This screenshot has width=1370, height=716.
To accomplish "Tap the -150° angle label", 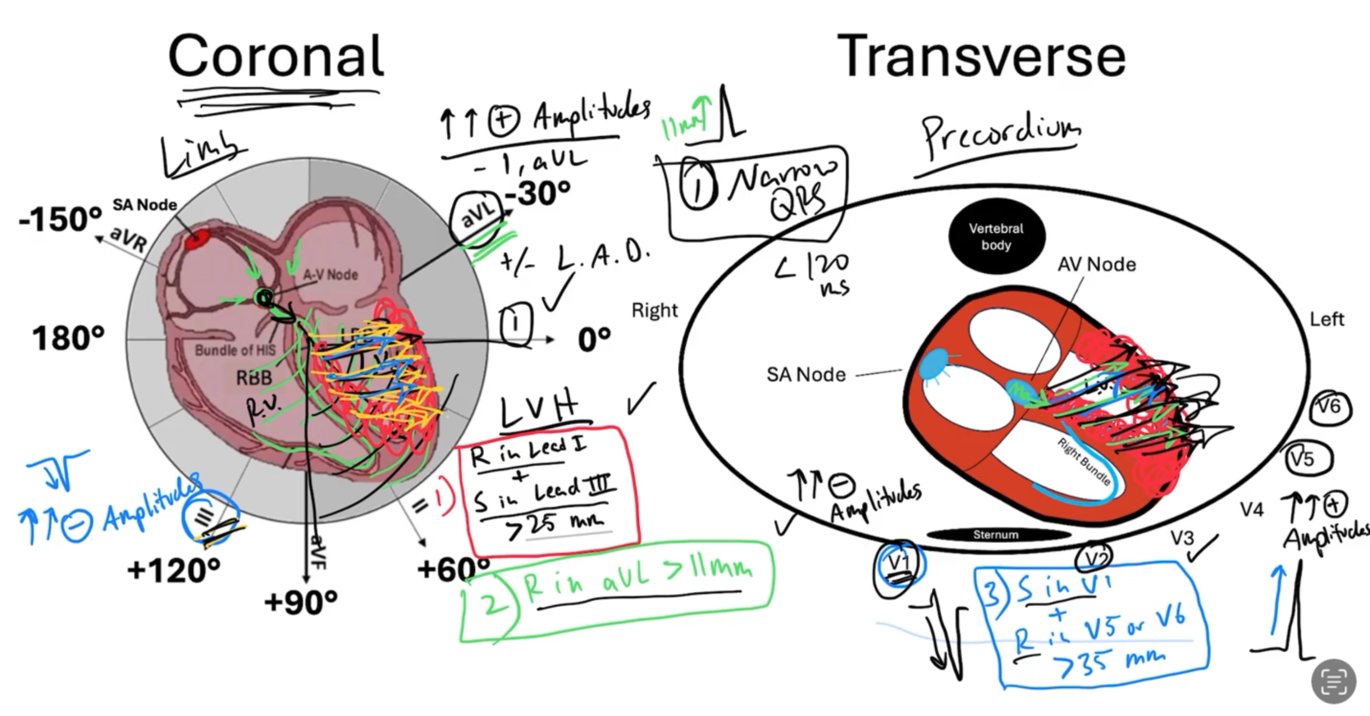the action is (60, 220).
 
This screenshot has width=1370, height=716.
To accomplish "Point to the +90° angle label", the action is (301, 602).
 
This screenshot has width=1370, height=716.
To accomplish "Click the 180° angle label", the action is (68, 338).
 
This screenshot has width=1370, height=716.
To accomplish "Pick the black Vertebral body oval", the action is (996, 237).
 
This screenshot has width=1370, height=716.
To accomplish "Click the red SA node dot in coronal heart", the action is (196, 239).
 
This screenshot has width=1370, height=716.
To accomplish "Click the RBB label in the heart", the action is (254, 378).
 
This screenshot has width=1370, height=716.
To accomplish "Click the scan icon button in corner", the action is (1334, 681).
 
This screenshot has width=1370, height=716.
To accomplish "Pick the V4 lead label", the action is (1252, 509).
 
